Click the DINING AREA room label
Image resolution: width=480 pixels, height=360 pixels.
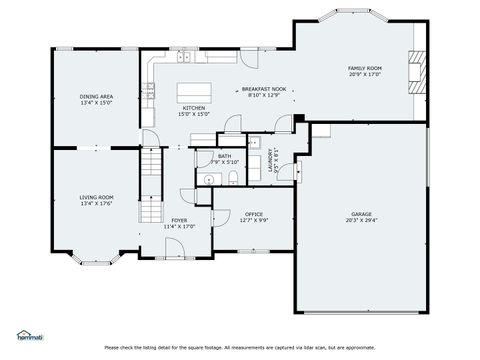coord(97,96)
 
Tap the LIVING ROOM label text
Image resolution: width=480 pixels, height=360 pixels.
coord(97,197)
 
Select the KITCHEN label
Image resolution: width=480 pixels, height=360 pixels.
coord(193,108)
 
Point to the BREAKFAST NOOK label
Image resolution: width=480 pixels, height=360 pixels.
coord(264,89)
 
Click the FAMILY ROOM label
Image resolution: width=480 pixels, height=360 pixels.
coord(365,68)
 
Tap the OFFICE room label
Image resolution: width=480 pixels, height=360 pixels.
coord(254,214)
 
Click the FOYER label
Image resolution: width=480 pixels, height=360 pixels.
coord(179,220)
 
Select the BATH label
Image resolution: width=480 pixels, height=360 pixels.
coord(225,155)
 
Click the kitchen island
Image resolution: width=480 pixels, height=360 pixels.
coord(192,92)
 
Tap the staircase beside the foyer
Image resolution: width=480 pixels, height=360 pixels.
coord(150,185)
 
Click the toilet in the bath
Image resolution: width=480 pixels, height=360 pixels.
coord(232,177)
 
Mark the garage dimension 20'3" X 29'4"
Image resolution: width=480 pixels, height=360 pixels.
coord(361,221)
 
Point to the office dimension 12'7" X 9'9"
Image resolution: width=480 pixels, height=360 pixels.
coord(254,220)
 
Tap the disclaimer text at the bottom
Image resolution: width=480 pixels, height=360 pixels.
coord(240,348)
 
